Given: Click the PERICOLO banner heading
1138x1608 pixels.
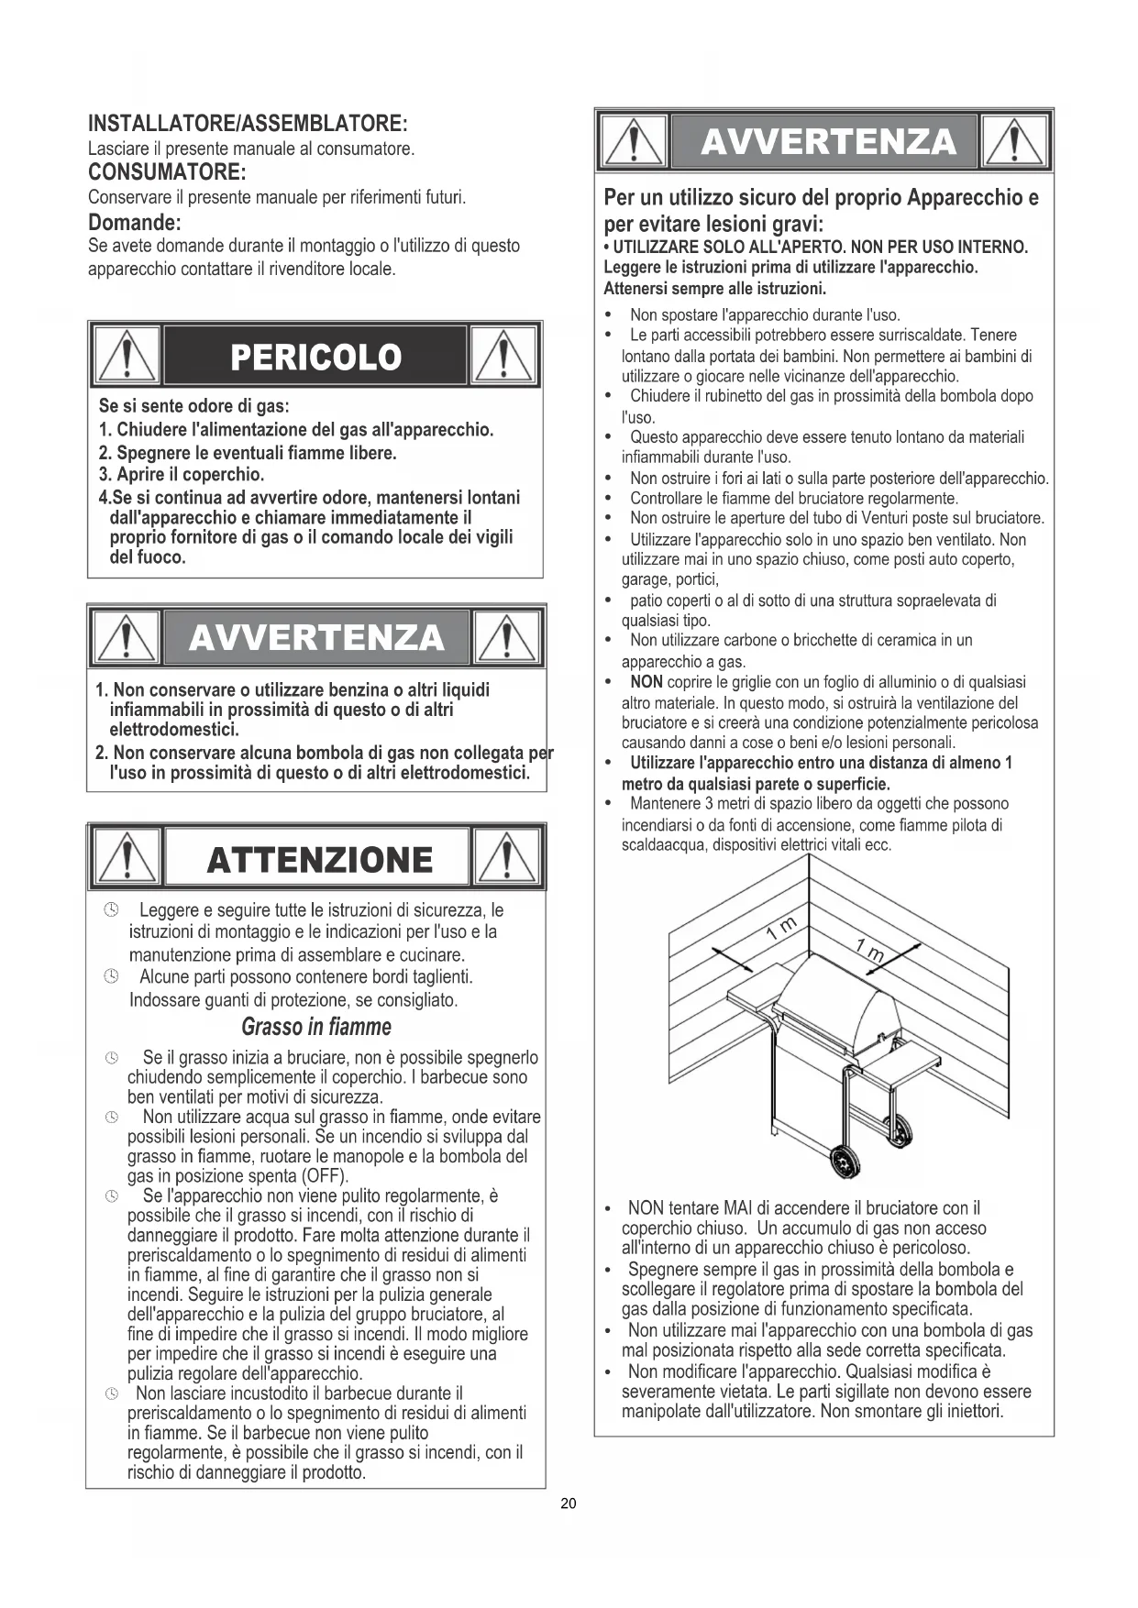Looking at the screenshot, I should (316, 357).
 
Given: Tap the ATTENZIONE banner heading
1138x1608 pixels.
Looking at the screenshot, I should (320, 860).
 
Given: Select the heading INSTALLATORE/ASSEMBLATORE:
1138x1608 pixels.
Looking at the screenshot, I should (248, 123).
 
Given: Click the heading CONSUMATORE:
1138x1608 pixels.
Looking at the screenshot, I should (167, 172).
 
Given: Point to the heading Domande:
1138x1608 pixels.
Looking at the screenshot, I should (135, 222).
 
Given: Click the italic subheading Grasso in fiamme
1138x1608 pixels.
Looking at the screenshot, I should (316, 1027).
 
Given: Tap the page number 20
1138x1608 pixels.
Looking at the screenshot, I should (569, 1503).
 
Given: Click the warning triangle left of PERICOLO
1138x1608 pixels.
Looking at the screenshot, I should (127, 356).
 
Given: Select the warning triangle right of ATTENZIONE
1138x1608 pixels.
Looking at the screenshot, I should (506, 859).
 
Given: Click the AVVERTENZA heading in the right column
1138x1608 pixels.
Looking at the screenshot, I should (827, 142).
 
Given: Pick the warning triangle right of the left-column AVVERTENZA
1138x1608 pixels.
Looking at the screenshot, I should (506, 636).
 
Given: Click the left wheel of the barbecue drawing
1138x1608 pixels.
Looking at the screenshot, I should (843, 1162).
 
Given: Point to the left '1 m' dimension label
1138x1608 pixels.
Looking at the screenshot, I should (782, 928).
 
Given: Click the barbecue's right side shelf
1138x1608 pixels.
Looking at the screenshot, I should (904, 1065).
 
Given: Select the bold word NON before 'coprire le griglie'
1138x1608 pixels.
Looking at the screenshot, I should (646, 682).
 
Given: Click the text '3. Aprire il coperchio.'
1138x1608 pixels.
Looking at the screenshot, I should (182, 475).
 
